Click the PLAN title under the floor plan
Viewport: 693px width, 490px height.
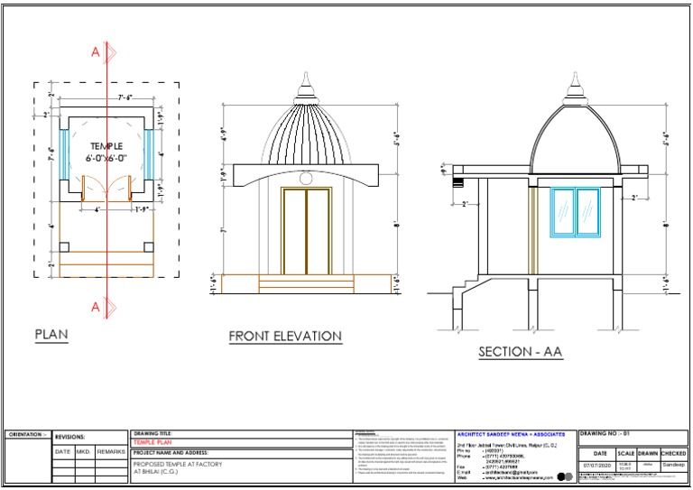[51, 335]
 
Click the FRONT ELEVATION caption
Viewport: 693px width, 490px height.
[285, 337]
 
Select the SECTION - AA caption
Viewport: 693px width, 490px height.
[521, 352]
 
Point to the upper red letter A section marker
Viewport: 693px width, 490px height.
[96, 53]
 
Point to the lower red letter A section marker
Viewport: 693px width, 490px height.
[96, 307]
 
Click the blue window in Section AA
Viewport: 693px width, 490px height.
[575, 212]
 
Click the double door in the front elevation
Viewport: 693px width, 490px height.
[306, 231]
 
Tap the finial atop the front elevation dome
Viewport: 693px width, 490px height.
[304, 87]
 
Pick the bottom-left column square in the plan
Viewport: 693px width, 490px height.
[64, 247]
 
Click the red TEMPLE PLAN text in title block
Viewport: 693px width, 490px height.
[151, 443]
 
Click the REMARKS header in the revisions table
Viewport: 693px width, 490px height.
[111, 450]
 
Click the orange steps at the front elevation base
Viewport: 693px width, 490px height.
[305, 284]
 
